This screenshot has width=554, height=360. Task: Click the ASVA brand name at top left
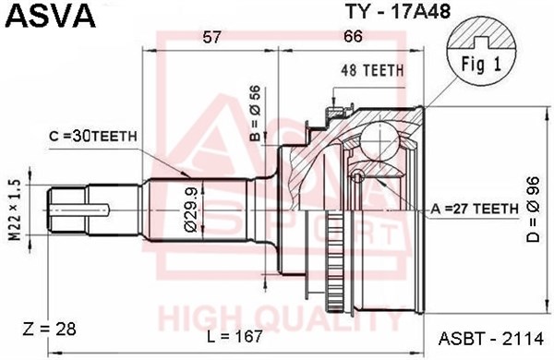(x=51, y=15)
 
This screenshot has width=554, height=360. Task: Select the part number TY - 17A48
(x=398, y=11)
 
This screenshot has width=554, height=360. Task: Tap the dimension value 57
(x=211, y=37)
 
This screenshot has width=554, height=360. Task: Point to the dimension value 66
(x=353, y=36)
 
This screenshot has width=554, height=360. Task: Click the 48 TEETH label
(x=372, y=71)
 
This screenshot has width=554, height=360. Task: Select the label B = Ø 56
(x=255, y=113)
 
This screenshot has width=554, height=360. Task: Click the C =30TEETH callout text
(x=93, y=137)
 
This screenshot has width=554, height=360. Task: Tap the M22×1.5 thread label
(x=15, y=210)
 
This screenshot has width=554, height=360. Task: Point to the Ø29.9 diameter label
(x=190, y=210)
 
